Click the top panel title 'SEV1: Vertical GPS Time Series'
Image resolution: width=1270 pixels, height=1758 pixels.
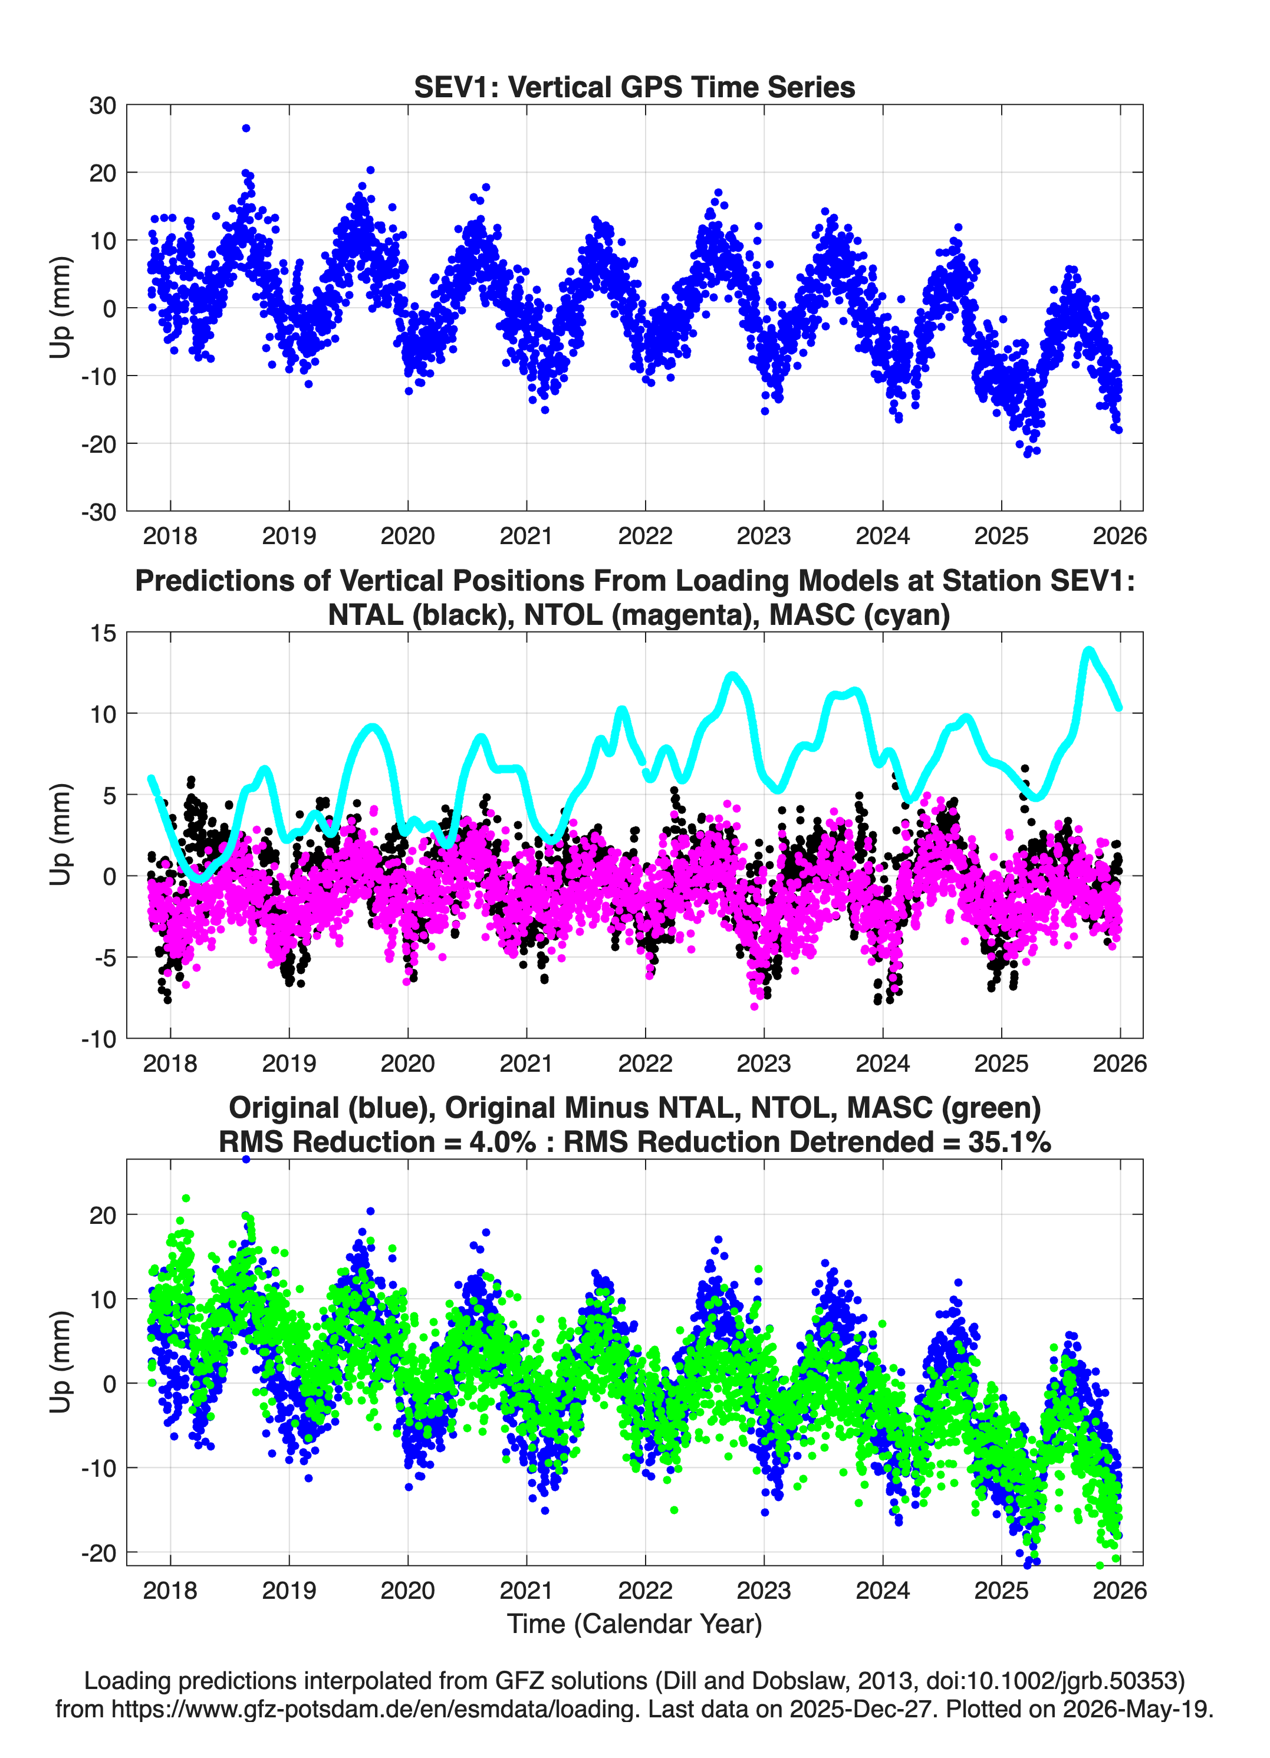(x=634, y=87)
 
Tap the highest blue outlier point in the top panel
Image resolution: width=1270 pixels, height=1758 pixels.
(x=246, y=129)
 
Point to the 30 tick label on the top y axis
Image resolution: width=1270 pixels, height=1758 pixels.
(x=103, y=106)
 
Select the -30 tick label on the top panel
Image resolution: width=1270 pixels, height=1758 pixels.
(x=98, y=512)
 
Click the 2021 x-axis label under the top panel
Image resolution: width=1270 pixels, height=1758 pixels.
(x=527, y=536)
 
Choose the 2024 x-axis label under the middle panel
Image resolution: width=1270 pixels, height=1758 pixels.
(x=882, y=1063)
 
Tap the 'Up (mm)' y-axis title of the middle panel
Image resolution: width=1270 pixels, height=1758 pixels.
(x=61, y=834)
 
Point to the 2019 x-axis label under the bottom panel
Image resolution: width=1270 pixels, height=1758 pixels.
(x=289, y=1590)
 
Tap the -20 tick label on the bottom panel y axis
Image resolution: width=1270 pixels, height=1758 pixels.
(x=98, y=1553)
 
